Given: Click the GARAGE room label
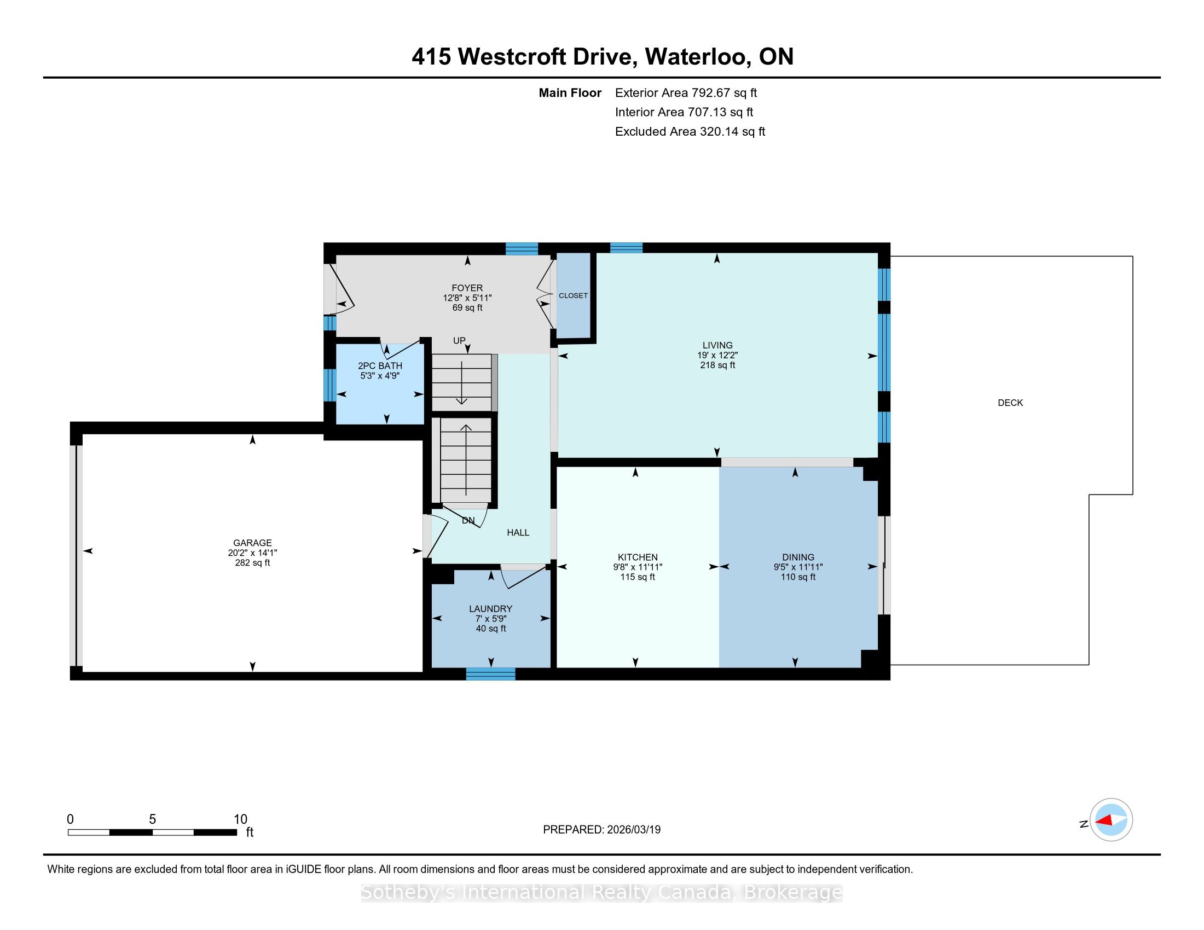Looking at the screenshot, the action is point(252,543).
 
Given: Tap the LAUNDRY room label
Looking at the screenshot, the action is point(491,609).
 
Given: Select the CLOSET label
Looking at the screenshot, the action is point(574,296).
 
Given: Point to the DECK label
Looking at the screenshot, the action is point(1010,403).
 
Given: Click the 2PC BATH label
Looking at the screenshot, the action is point(380,366).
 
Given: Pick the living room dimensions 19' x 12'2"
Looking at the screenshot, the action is point(717,356).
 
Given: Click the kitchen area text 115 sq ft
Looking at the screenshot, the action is point(637,577).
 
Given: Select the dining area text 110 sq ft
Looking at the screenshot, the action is point(798,577).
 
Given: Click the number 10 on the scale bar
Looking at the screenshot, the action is point(240,819).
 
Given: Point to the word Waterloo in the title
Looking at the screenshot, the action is point(696,57).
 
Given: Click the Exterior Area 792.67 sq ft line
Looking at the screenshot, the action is point(686,93).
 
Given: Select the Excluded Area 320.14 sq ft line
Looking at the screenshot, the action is point(690,132).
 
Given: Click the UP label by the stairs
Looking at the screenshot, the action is point(459,340).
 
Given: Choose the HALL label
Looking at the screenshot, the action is point(518,532).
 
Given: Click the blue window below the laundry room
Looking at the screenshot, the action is point(491,674).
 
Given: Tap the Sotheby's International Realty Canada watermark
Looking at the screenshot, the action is point(601,892).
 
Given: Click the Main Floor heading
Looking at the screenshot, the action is point(570,93).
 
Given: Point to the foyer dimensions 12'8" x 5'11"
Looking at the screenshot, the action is point(467,298).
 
